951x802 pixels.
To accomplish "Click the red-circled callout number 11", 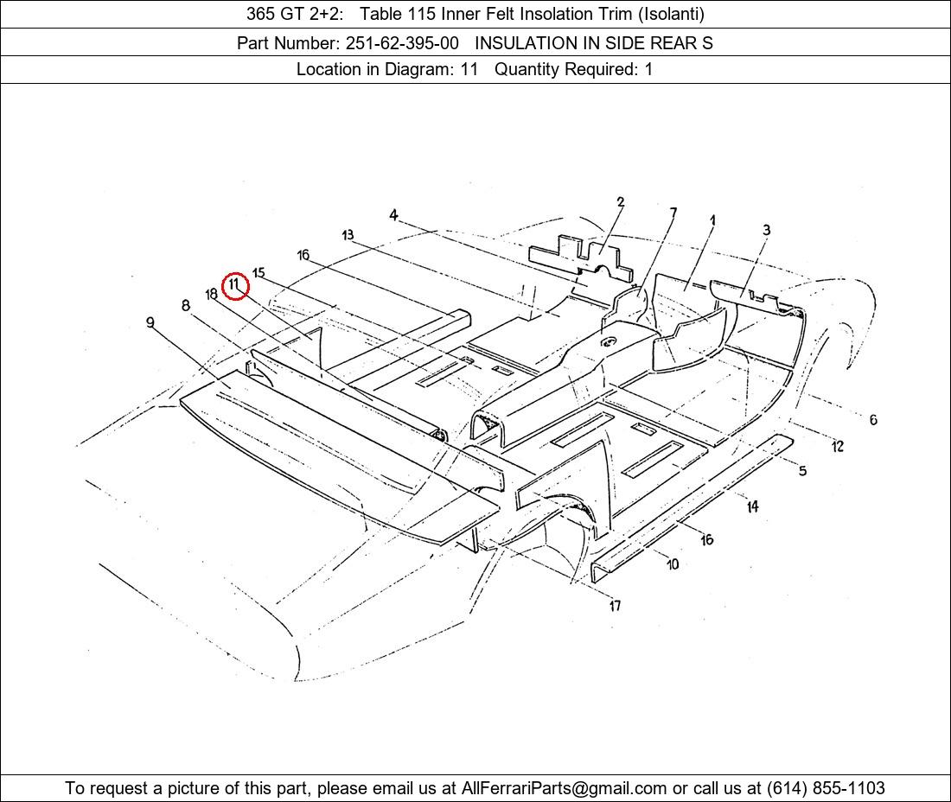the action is click(x=235, y=285).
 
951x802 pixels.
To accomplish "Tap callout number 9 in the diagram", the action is click(x=150, y=321).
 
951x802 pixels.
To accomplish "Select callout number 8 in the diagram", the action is click(x=186, y=306).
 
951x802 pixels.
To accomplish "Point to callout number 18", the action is click(x=211, y=295).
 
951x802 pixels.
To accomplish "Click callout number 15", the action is click(x=259, y=273).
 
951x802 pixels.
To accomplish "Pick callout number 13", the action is click(x=348, y=235).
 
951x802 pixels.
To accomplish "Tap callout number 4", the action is click(x=393, y=215).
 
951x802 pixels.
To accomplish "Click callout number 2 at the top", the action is click(x=620, y=202).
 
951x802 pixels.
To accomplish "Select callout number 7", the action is click(x=673, y=213).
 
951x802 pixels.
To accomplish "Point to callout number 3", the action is click(x=767, y=230).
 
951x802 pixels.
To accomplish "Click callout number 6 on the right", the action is click(x=873, y=419).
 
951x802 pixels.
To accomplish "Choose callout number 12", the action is click(x=838, y=447).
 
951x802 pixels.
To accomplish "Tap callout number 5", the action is click(x=802, y=470).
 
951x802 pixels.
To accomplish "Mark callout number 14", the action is click(x=752, y=506).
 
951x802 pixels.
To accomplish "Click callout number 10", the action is click(x=673, y=564).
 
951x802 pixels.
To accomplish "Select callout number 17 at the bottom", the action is click(x=615, y=606).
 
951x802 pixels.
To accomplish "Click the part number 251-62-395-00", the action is click(x=402, y=43).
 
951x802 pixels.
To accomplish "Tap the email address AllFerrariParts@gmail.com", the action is click(x=564, y=788).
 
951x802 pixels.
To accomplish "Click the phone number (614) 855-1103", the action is click(x=826, y=788).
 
